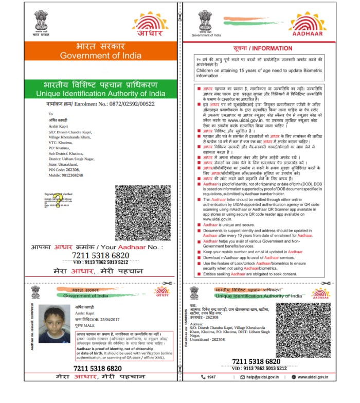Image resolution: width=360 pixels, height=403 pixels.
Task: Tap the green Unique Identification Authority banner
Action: [101, 89]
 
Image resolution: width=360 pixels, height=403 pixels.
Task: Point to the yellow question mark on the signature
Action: [59, 200]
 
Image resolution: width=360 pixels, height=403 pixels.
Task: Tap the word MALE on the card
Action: [90, 326]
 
